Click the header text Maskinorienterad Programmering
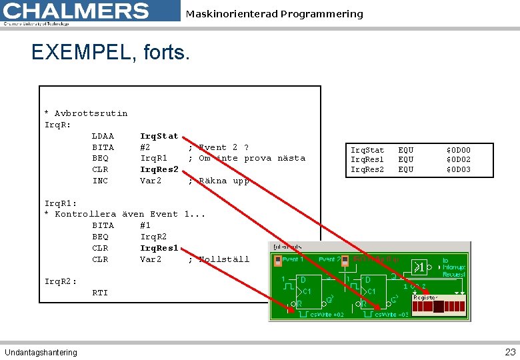pyautogui.click(x=275, y=14)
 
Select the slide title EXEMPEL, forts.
pyautogui.click(x=111, y=52)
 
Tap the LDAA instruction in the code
pyautogui.click(x=103, y=136)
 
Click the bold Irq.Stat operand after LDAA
pyautogui.click(x=159, y=136)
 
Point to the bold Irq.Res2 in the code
pyautogui.click(x=159, y=169)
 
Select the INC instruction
pyautogui.click(x=100, y=181)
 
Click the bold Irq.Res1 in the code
pyautogui.click(x=159, y=248)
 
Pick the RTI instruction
pyautogui.click(x=100, y=293)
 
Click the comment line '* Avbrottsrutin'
pyautogui.click(x=85, y=113)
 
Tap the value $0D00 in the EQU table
pyautogui.click(x=458, y=151)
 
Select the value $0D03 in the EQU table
pyautogui.click(x=458, y=169)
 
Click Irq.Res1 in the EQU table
pyautogui.click(x=367, y=160)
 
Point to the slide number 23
pyautogui.click(x=510, y=352)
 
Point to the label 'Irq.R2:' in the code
pyautogui.click(x=61, y=281)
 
